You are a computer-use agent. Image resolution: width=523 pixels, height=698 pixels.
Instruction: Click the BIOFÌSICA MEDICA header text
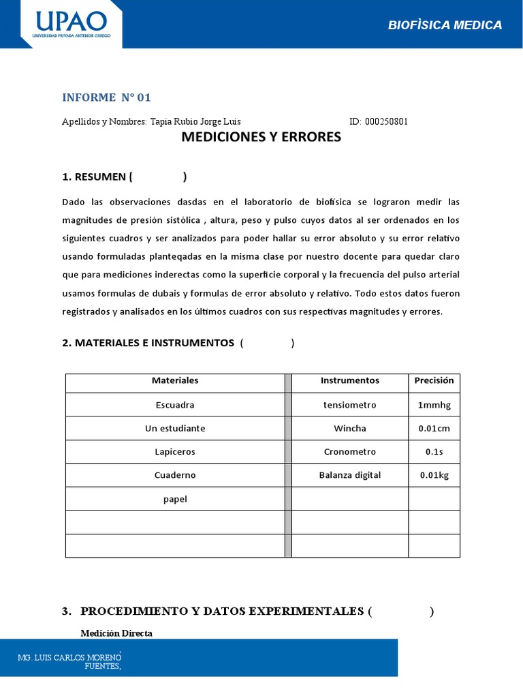coord(445,25)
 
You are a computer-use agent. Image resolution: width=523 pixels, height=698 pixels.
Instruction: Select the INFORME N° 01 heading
coord(106,97)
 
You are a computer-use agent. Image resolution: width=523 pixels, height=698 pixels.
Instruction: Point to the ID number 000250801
coord(386,121)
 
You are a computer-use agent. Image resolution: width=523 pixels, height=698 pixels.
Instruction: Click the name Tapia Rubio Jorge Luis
coord(195,121)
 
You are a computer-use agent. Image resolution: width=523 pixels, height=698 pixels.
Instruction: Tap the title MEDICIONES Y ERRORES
coord(261,137)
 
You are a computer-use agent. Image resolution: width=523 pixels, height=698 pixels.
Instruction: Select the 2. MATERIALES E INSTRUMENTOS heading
coord(148,343)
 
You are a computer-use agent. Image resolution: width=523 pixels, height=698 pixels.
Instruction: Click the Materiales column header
coord(175,380)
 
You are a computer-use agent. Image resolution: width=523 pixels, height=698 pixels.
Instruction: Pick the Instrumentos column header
coord(349,380)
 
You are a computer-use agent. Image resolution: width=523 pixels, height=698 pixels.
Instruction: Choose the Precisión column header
coord(434,380)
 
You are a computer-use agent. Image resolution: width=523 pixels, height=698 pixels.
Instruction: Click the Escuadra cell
coord(175,405)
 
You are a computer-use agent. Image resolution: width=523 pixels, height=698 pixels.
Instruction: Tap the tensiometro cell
coord(349,405)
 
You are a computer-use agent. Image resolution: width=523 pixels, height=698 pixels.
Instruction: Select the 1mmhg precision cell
coord(434,405)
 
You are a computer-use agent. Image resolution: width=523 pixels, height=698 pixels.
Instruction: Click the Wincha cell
coord(349,428)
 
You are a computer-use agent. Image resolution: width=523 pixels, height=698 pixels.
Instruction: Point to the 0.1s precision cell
coord(434,452)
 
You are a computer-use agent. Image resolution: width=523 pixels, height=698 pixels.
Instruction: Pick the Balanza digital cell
coord(349,475)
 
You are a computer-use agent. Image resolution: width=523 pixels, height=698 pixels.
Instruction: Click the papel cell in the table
coord(175,499)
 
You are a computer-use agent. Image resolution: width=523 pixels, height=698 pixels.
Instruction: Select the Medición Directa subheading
coord(116,633)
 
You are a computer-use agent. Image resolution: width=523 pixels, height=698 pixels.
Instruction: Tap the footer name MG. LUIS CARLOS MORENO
coord(69,658)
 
